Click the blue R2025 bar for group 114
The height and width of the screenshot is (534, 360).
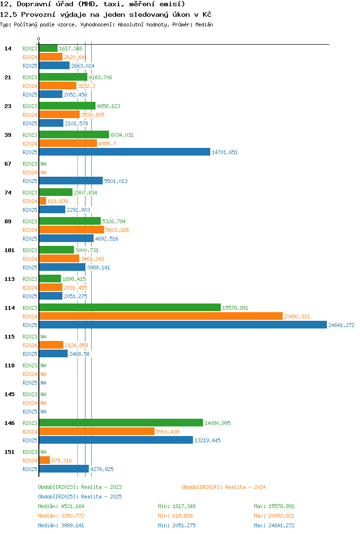pyautogui.click(x=183, y=325)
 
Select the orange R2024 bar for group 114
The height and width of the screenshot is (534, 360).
pyautogui.click(x=161, y=316)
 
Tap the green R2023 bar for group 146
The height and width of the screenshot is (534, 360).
pyautogui.click(x=121, y=423)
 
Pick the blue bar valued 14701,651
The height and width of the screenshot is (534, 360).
pyautogui.click(x=125, y=152)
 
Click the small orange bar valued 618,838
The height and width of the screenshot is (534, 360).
pyautogui.click(x=43, y=201)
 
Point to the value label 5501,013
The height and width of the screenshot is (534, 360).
pyautogui.click(x=116, y=181)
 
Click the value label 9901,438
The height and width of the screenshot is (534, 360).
pyautogui.click(x=168, y=432)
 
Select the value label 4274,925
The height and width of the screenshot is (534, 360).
pyautogui.click(x=102, y=469)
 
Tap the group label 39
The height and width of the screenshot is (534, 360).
pyautogui.click(x=8, y=135)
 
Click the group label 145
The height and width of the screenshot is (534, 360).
pyautogui.click(x=10, y=394)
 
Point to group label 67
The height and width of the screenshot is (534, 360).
pyautogui.click(x=8, y=164)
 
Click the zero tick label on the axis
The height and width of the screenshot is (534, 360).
pyautogui.click(x=38, y=39)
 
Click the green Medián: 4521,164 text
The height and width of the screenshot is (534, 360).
pyautogui.click(x=61, y=506)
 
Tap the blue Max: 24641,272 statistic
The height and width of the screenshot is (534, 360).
pyautogui.click(x=274, y=525)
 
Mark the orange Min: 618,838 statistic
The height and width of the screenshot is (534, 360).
pyautogui.click(x=177, y=516)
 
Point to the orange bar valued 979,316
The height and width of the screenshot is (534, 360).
pyautogui.click(x=45, y=461)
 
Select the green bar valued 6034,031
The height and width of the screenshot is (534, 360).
pyautogui.click(x=74, y=135)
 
